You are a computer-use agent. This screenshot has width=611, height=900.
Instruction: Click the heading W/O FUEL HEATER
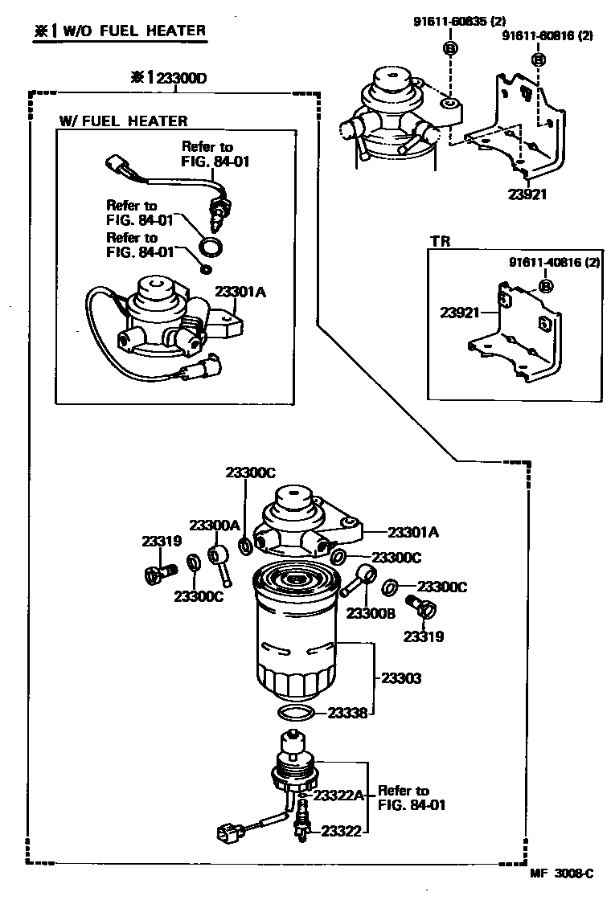pos(121,31)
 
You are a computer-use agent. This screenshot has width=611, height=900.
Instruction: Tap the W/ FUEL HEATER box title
pos(123,121)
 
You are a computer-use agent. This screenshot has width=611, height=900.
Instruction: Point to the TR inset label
pos(439,240)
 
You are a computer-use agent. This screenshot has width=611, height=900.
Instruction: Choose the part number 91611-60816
pos(547,36)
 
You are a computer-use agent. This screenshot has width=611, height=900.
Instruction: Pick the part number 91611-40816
pos(554,263)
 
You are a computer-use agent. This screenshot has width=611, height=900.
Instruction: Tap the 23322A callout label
pos(338,796)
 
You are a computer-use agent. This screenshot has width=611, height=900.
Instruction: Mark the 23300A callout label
pos(215,525)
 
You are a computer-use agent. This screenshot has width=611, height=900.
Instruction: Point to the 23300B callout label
pos(370,613)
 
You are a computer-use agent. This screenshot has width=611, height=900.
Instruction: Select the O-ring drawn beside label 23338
pos(296,713)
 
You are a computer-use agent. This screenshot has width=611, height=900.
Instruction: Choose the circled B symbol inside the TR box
pos(545,285)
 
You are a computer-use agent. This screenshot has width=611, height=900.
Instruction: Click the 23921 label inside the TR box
pos(458,312)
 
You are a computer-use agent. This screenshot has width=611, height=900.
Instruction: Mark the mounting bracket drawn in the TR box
pos(519,337)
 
